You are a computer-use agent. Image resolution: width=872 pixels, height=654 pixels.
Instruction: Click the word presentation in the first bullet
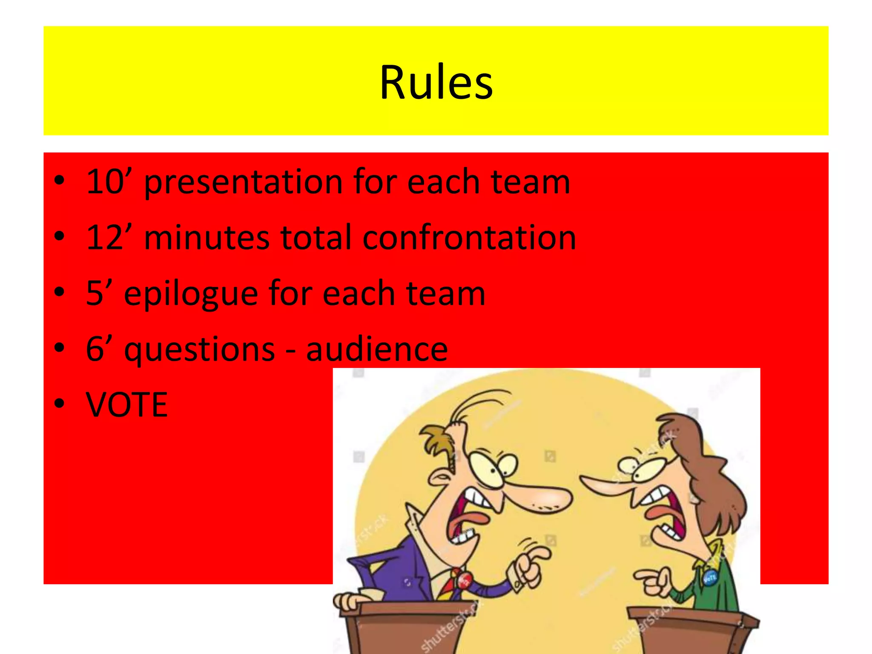pos(244,182)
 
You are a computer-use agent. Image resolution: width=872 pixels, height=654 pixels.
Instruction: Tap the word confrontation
pos(469,237)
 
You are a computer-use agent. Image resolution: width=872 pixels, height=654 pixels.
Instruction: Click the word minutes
pos(207,237)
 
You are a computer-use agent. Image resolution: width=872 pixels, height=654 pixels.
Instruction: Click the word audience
pos(377,349)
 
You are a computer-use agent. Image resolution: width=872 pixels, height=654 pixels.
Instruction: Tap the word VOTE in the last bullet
pos(127,404)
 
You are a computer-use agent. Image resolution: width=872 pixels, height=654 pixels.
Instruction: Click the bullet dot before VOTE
pos(60,403)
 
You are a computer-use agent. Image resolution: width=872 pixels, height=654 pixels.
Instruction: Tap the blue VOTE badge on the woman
pos(710,578)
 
